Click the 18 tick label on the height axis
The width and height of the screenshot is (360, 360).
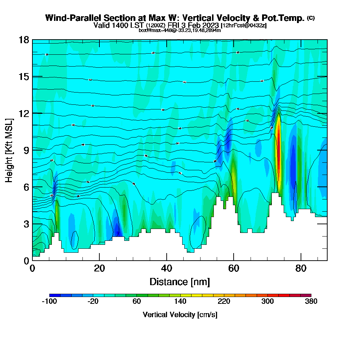point(23,40)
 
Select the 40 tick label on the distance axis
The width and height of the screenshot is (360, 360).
point(166,269)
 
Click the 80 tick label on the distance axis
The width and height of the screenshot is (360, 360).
point(301,269)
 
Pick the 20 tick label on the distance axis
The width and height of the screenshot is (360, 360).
point(99,269)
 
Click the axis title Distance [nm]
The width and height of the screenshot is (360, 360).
point(180,281)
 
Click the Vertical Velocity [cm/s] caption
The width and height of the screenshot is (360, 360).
point(180,315)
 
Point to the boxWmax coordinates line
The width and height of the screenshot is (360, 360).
point(180,30)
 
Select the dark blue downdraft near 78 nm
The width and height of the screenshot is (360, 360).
point(293,162)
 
